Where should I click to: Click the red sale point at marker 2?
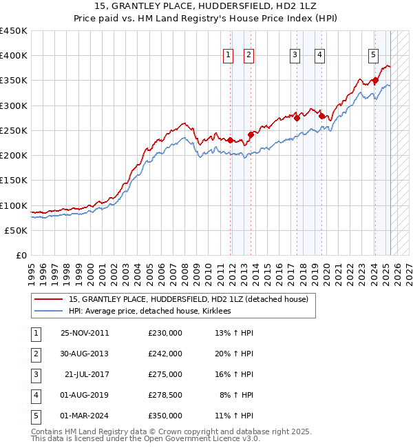(251, 135)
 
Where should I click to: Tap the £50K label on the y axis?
(17, 230)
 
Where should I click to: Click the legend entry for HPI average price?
(149, 311)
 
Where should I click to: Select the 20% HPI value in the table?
(236, 354)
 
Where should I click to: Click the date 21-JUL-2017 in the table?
(86, 374)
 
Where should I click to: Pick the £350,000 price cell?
(165, 416)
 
